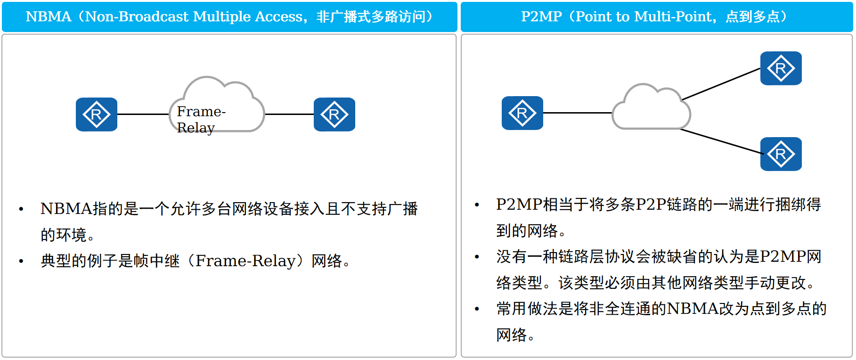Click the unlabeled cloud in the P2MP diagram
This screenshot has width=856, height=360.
(x=652, y=109)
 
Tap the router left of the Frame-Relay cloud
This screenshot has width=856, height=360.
(x=97, y=115)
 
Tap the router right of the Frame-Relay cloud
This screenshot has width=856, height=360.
(x=334, y=115)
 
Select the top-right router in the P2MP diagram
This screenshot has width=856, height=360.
(x=781, y=68)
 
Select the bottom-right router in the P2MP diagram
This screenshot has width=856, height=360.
(x=781, y=154)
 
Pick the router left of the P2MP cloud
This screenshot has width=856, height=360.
(x=522, y=113)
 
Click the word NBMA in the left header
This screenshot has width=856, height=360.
(x=49, y=17)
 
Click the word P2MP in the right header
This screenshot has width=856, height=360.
(x=541, y=17)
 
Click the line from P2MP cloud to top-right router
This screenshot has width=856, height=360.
(x=721, y=84)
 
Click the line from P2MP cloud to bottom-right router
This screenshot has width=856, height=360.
(x=721, y=141)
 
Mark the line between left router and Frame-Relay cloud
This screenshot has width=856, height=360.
(x=143, y=114)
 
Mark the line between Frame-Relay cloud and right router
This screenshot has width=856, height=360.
(x=289, y=114)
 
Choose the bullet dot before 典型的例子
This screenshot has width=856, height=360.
(x=21, y=261)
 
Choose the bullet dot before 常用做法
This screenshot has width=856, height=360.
(x=477, y=309)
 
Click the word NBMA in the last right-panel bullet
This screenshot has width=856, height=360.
(x=693, y=309)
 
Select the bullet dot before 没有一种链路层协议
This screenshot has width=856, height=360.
(x=477, y=257)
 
